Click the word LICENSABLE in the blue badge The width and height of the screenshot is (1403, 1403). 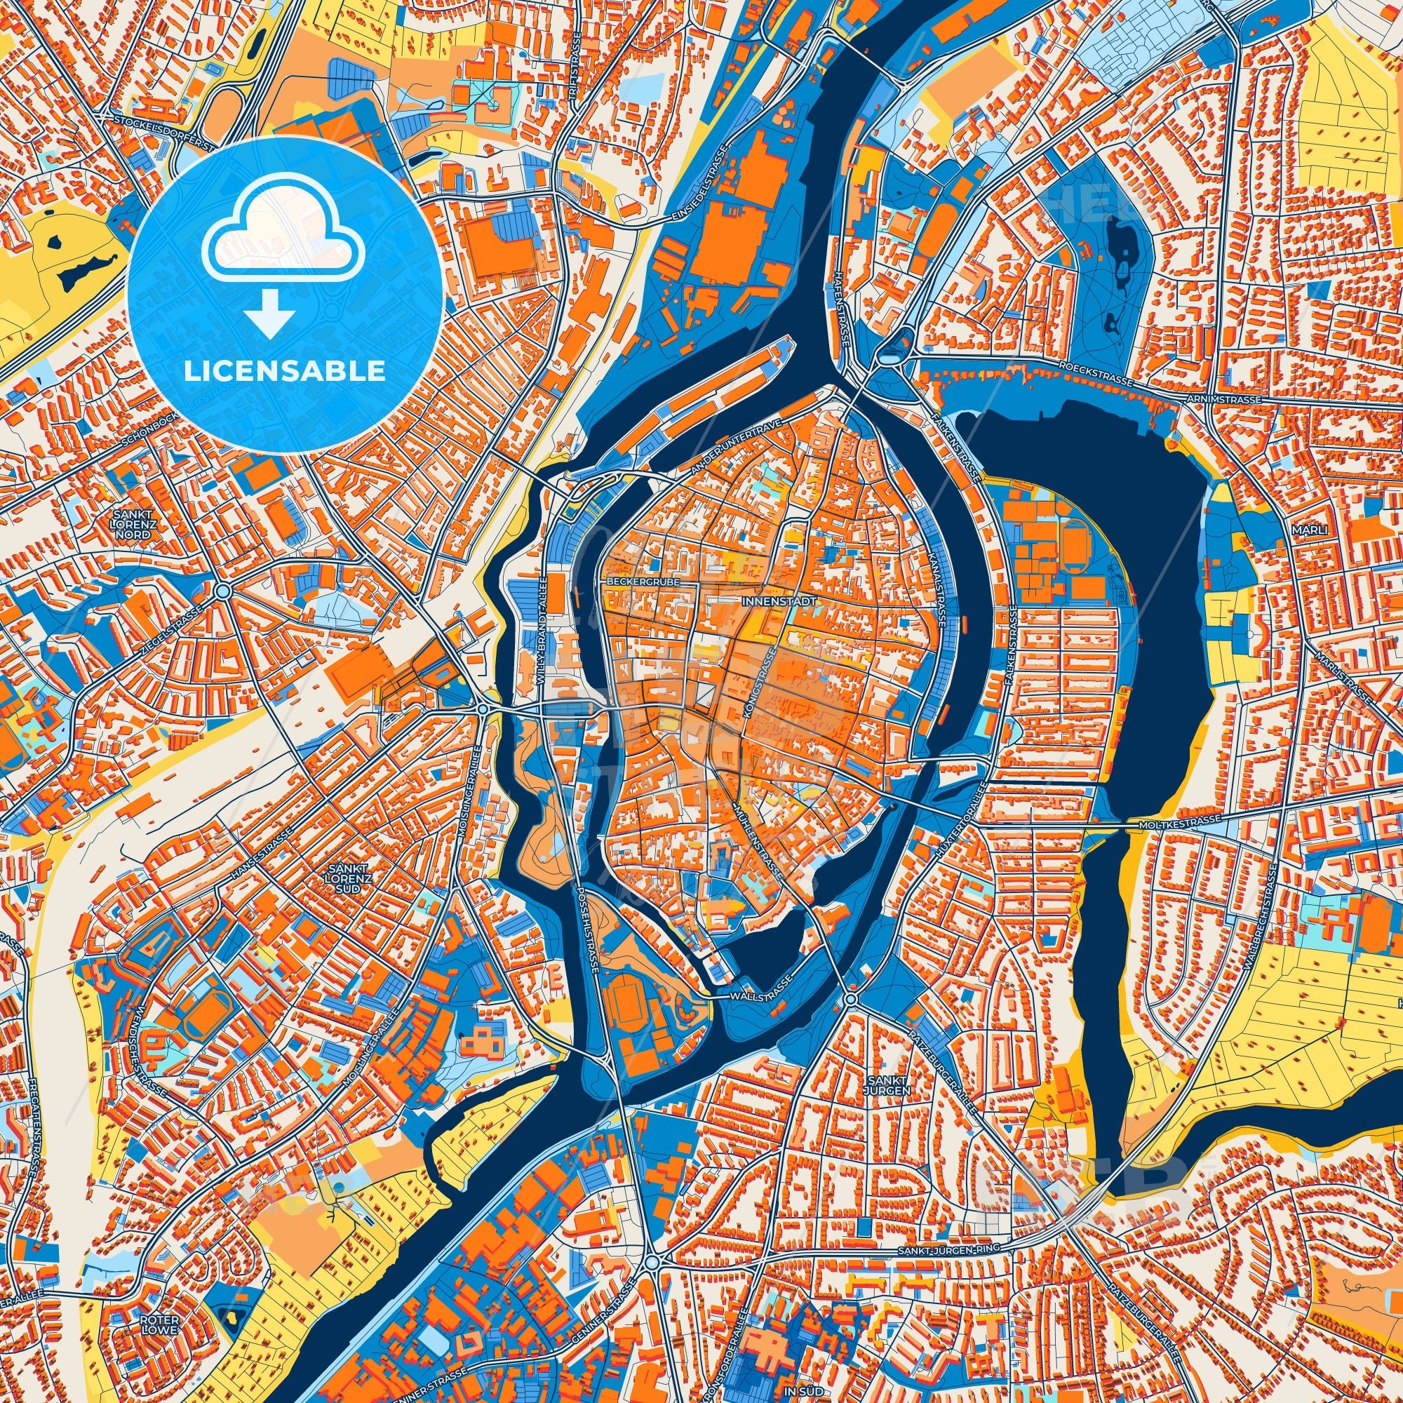click(284, 371)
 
